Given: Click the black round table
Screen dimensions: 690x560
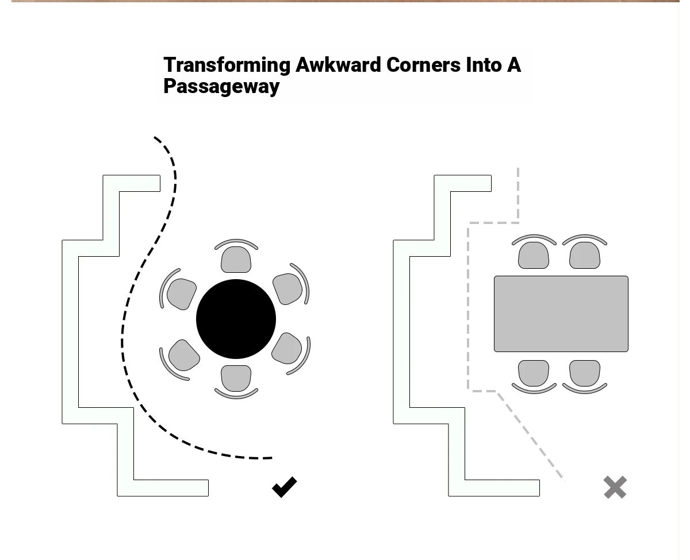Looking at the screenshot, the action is click(236, 319).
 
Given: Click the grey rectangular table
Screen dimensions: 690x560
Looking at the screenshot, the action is click(561, 314).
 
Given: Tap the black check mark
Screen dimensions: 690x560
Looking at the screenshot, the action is click(285, 487).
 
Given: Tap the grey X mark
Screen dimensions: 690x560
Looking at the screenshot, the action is click(615, 487).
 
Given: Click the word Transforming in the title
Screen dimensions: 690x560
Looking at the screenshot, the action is click(227, 65).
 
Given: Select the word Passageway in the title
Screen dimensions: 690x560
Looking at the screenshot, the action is click(221, 86).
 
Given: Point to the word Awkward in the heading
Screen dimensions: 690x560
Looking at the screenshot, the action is click(338, 65).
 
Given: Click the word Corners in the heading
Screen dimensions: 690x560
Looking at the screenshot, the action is click(423, 65).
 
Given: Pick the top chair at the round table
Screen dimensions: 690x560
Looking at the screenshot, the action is click(236, 256).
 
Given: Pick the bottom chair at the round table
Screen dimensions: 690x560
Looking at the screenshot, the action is click(236, 382).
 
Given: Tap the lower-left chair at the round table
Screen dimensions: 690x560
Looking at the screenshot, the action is click(179, 360).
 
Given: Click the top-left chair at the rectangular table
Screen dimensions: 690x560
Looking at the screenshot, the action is click(534, 252).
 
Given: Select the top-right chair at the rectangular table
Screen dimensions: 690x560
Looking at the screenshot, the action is click(585, 252).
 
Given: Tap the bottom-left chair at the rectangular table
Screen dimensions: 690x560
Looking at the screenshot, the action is click(534, 377).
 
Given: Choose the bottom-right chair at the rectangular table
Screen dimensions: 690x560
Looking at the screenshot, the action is click(585, 377).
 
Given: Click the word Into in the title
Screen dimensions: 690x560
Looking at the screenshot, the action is click(484, 65).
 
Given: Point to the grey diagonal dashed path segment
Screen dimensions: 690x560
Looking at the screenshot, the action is click(531, 437).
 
